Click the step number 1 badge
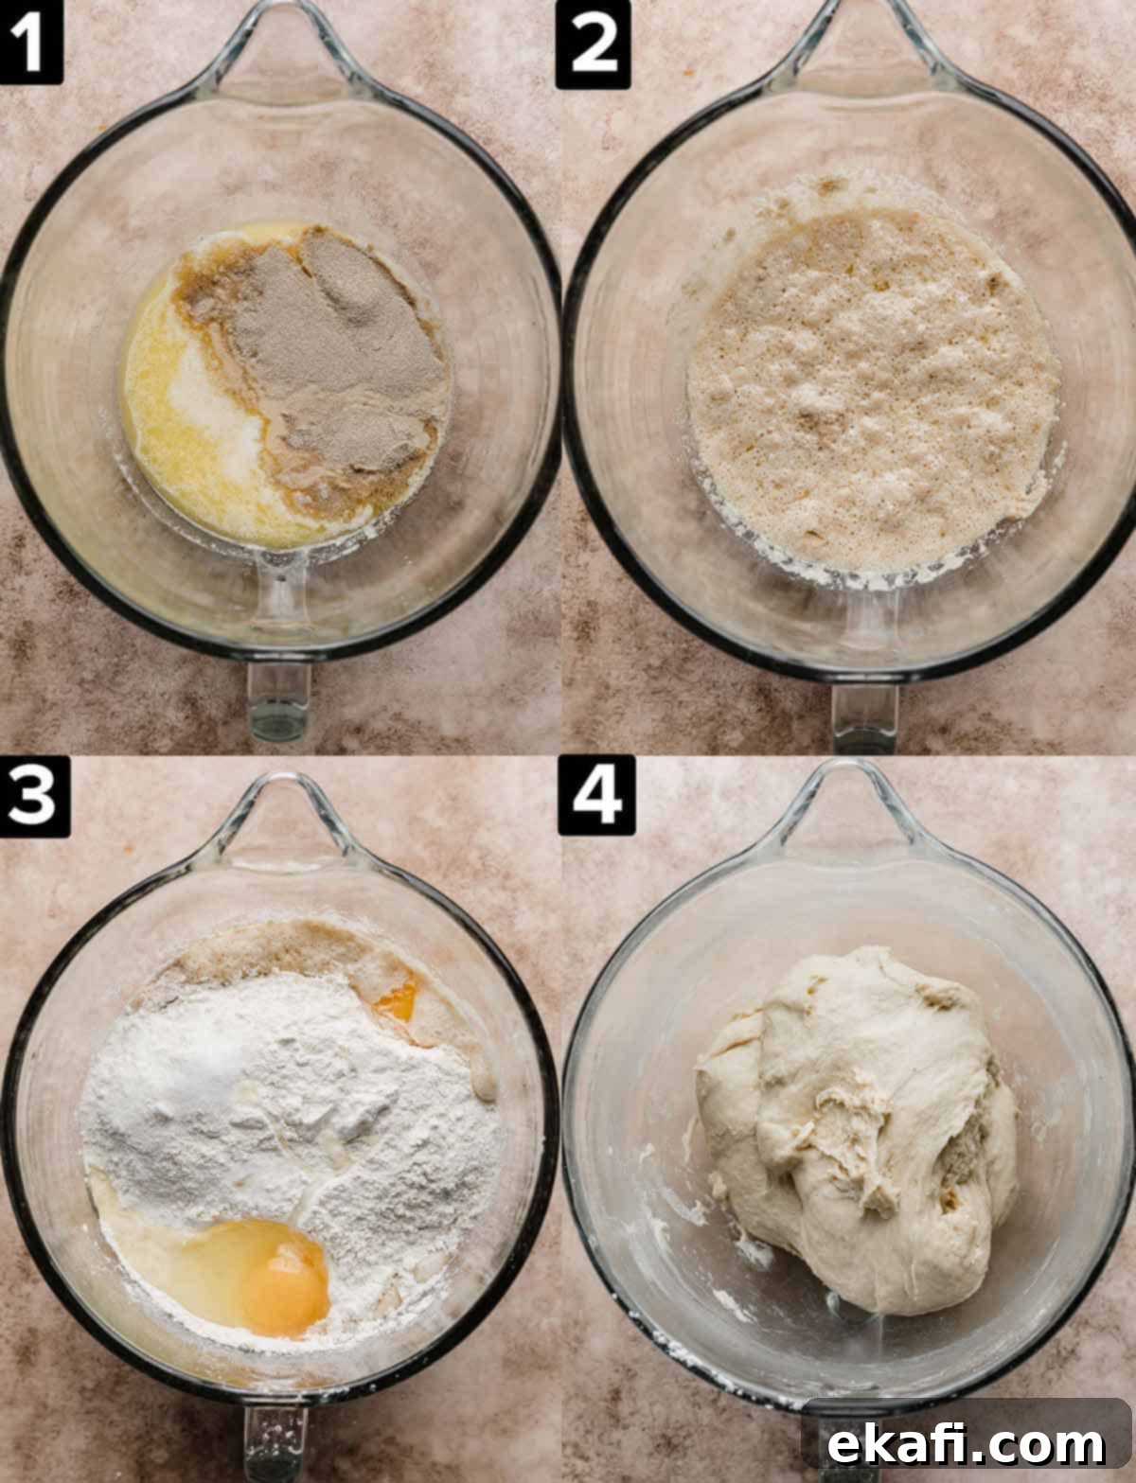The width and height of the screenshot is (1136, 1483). (30, 42)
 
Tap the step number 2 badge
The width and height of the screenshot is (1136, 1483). (593, 44)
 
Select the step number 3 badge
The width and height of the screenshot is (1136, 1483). (34, 797)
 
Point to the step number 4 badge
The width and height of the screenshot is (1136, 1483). (596, 796)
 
